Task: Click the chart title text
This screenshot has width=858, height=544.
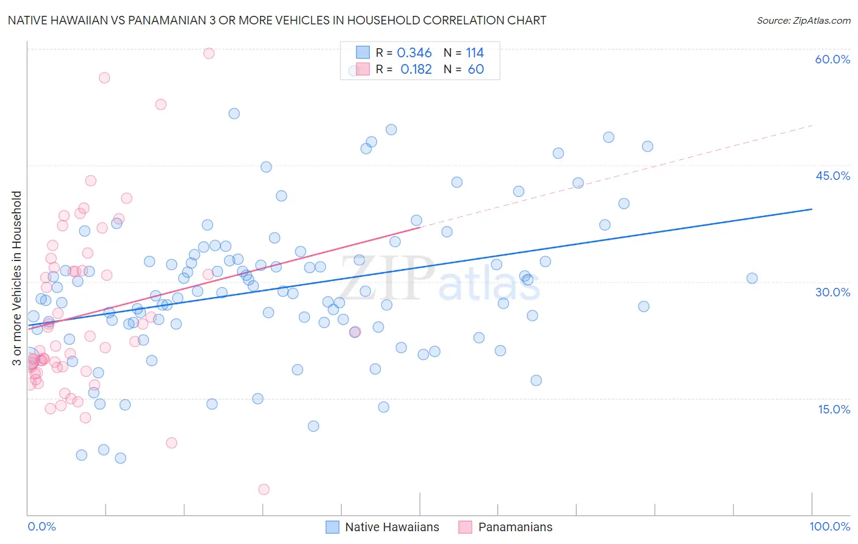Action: (x=276, y=20)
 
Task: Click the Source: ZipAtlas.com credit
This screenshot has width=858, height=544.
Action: (x=803, y=20)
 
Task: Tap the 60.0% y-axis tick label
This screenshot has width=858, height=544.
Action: (x=832, y=59)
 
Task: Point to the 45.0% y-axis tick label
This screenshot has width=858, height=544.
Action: (x=832, y=176)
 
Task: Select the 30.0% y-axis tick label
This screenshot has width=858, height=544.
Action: (x=832, y=292)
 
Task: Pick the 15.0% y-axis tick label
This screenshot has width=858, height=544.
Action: (x=834, y=409)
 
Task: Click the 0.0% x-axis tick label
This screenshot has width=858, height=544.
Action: (x=41, y=526)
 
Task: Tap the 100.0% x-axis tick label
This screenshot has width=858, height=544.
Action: (x=829, y=526)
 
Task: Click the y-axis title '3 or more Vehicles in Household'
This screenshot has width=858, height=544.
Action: (x=17, y=278)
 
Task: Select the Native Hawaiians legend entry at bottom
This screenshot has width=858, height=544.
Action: (x=383, y=527)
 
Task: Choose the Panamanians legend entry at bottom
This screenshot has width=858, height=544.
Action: (x=506, y=527)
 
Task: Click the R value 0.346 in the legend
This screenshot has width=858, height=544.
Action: (x=414, y=53)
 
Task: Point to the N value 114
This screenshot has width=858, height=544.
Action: (x=475, y=53)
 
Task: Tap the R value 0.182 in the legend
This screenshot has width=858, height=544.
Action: (x=416, y=70)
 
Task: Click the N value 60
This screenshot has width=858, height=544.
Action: (x=475, y=70)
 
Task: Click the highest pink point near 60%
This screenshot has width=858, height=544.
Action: (x=209, y=53)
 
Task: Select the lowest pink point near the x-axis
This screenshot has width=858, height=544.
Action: (x=264, y=489)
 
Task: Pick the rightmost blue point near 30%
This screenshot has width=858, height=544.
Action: (x=752, y=278)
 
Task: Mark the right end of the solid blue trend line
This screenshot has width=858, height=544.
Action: (x=812, y=209)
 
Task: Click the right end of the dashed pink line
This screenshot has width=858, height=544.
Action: (x=813, y=125)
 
